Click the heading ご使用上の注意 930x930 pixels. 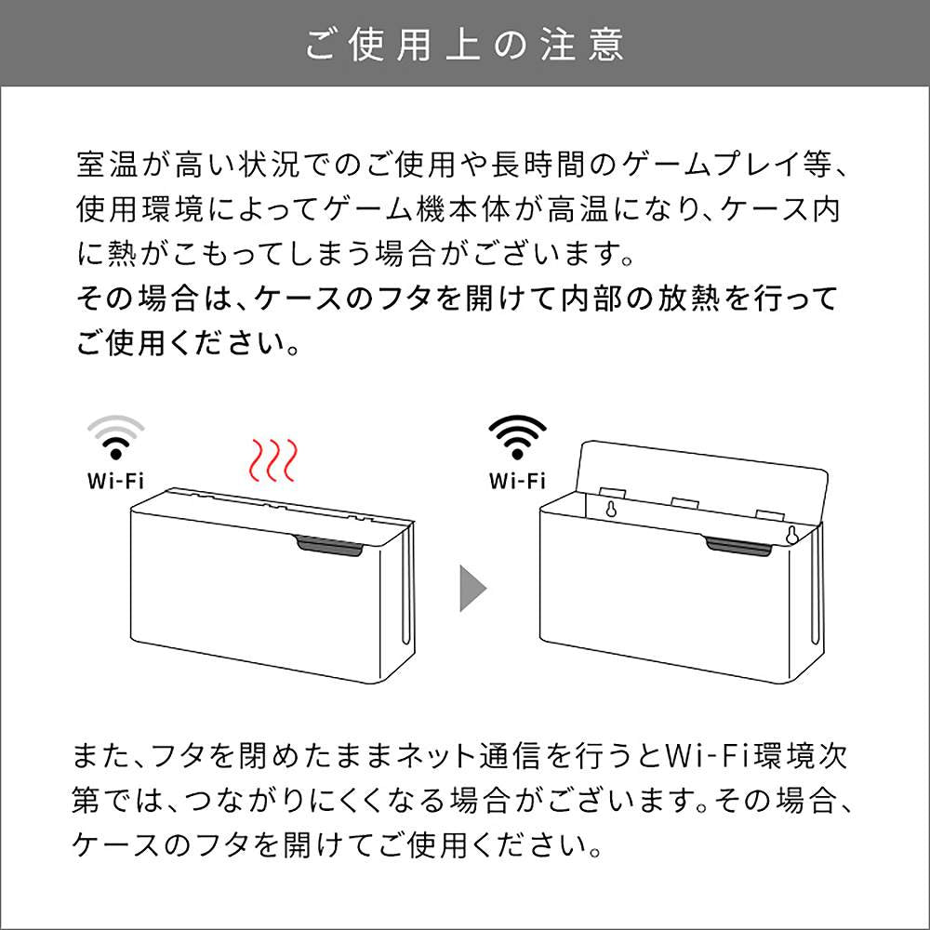pyautogui.click(x=464, y=45)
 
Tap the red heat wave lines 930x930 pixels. pyautogui.click(x=272, y=460)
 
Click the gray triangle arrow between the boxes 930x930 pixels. pyautogui.click(x=472, y=588)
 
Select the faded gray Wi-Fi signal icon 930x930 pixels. pyautogui.click(x=115, y=437)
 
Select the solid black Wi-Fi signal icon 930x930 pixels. pyautogui.click(x=517, y=437)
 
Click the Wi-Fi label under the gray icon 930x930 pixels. pyautogui.click(x=115, y=481)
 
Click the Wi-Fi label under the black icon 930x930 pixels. pyautogui.click(x=517, y=481)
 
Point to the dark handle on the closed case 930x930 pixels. pyautogui.click(x=328, y=546)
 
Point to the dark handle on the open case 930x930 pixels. pyautogui.click(x=738, y=546)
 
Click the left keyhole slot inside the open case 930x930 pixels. pyautogui.click(x=609, y=509)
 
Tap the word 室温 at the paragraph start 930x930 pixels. pyautogui.click(x=107, y=165)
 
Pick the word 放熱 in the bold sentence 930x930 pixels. pyautogui.click(x=688, y=298)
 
